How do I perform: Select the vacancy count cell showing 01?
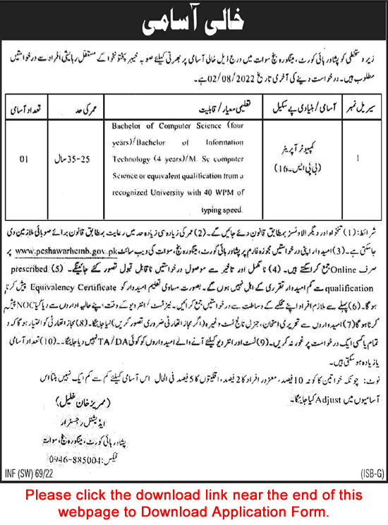(x=23, y=158)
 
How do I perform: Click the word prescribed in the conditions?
(x=47, y=260)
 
